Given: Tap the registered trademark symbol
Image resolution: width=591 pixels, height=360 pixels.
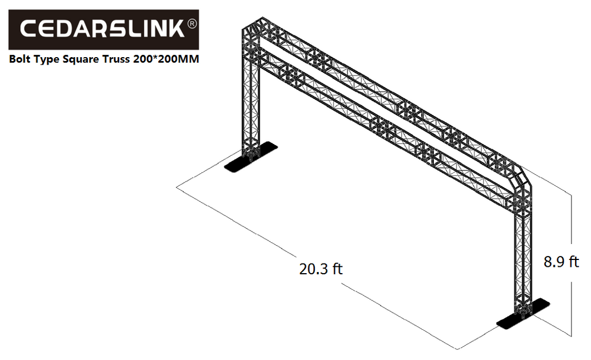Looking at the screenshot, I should pos(192,24).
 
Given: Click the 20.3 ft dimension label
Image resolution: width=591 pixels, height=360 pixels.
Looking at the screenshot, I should pos(321,268).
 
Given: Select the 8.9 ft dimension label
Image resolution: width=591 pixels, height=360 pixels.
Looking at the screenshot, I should pos(561,262).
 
